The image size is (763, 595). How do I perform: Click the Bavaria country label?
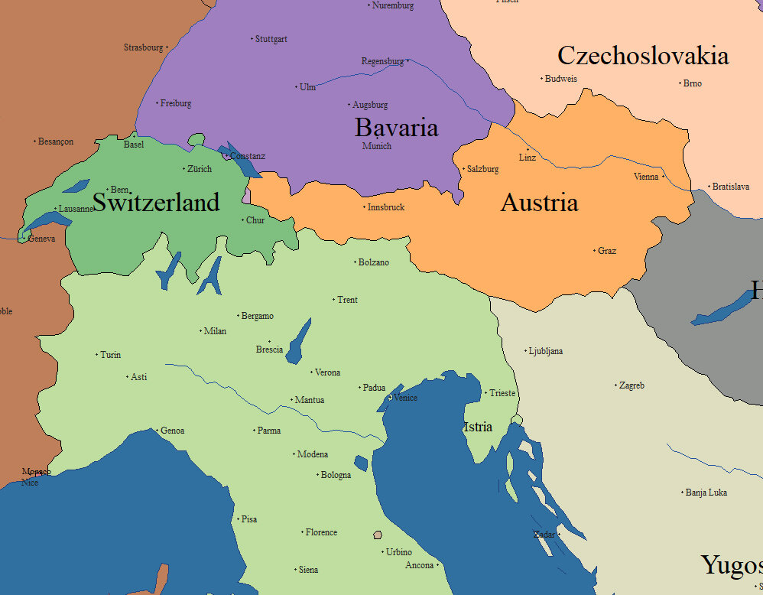396,127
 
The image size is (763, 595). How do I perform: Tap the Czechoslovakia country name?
642,56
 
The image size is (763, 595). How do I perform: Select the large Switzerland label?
155,202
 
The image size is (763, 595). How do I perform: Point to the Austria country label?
539,203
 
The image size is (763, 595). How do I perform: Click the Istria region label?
478,427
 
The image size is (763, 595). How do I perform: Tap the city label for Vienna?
646,177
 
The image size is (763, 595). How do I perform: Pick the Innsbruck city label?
385,207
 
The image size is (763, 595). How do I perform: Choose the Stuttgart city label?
271,39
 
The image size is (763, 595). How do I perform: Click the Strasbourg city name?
144,47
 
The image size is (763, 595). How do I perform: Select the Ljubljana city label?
546,351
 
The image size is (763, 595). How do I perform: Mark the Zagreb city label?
632,385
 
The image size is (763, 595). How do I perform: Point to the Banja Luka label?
706,493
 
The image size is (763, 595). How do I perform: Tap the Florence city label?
321,532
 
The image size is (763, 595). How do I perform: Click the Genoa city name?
172,431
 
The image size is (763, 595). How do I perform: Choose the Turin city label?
110,355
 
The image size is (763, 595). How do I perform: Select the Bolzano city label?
373,262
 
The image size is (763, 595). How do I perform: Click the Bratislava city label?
730,187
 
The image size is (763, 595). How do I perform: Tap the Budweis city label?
560,79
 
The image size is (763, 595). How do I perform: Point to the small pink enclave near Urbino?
377,535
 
